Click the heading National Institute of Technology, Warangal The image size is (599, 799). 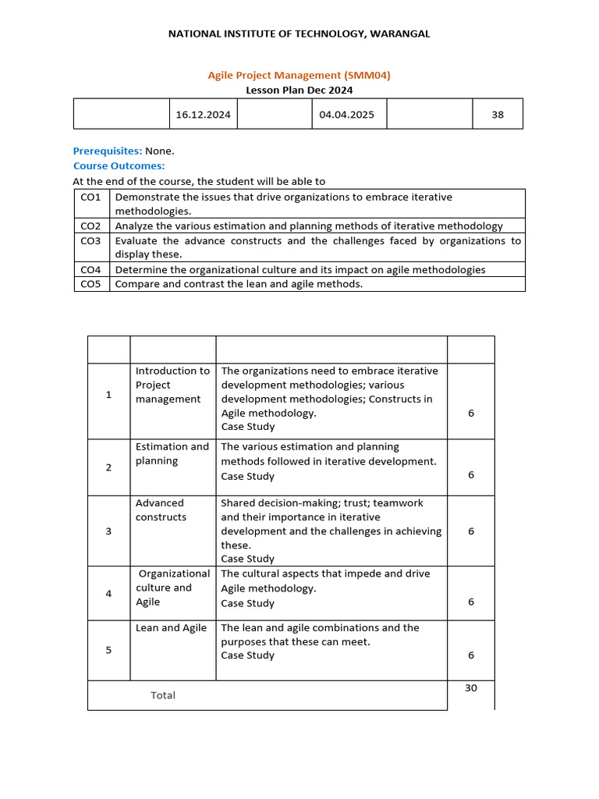coord(299,34)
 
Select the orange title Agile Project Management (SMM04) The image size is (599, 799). coord(299,75)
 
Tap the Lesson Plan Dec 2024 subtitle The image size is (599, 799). coord(299,90)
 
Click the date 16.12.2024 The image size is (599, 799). coord(203,114)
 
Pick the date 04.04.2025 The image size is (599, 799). coord(346,114)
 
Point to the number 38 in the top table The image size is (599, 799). coord(498,114)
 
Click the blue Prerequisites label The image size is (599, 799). coord(108,151)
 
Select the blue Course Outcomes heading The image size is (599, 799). coord(119,165)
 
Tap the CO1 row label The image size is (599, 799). coord(90,197)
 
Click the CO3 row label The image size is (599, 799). coord(90,241)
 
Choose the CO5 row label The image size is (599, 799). coord(90,284)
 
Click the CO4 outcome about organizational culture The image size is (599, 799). coord(300,269)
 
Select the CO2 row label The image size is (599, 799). coord(90,225)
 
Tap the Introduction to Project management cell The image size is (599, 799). coord(172,385)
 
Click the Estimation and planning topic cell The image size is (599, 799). coord(172,453)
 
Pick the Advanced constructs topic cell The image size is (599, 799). coord(161,510)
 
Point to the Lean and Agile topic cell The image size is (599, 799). coord(172,627)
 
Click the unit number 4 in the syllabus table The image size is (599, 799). coord(108,593)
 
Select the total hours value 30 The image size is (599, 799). coord(470,687)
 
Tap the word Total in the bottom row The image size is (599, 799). coord(163,694)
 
